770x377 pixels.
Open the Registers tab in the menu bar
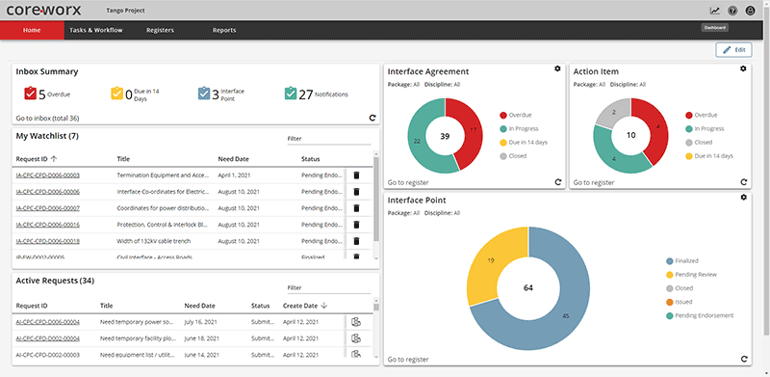(x=160, y=30)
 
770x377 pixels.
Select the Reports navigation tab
(x=223, y=30)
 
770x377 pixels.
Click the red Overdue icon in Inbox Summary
(x=29, y=94)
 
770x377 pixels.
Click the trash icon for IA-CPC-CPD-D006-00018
(x=355, y=241)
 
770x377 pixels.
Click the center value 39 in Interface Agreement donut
(x=445, y=137)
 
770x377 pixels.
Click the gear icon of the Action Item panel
(x=742, y=68)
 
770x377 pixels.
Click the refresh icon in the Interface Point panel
(x=744, y=359)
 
